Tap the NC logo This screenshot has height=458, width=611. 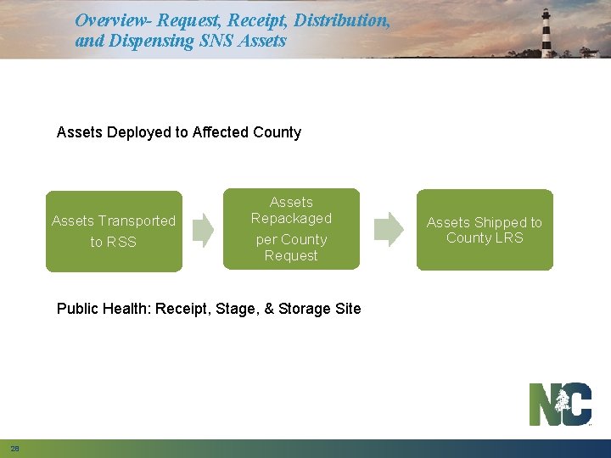coord(560,405)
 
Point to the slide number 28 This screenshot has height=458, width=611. coord(14,448)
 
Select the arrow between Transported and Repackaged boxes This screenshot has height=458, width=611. coord(203,229)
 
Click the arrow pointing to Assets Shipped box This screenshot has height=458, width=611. coord(390,228)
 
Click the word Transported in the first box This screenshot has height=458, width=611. coord(137,221)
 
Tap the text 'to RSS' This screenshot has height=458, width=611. coord(113,243)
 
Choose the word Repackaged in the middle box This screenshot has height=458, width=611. coord(291,218)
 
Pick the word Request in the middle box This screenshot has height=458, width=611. coord(291,255)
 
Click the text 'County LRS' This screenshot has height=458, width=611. coord(485,237)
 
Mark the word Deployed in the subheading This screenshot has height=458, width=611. coord(148,132)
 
